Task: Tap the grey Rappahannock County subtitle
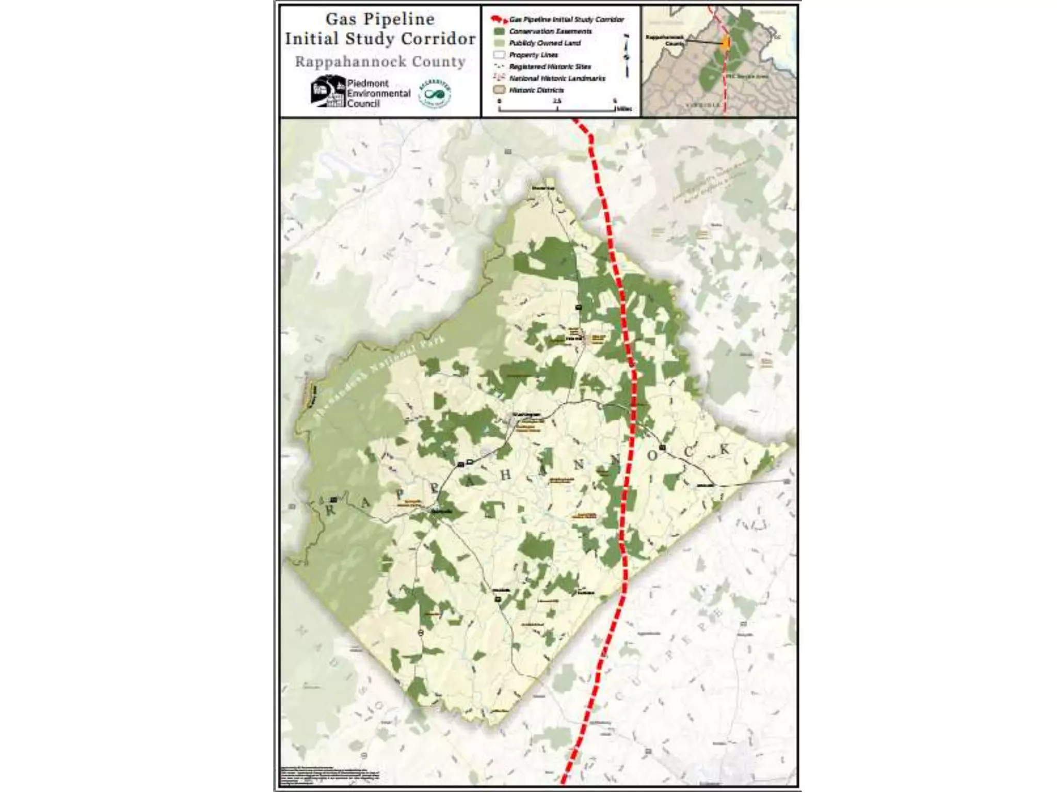[x=380, y=62]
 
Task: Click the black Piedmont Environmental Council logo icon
[x=328, y=91]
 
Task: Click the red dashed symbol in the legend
[x=499, y=20]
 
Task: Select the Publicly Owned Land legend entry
[x=544, y=43]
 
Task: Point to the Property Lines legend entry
[x=533, y=55]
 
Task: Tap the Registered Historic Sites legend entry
[x=550, y=67]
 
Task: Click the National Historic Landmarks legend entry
[x=557, y=78]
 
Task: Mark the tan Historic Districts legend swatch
[x=499, y=90]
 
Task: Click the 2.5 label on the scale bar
[x=557, y=101]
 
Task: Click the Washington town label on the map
[x=526, y=415]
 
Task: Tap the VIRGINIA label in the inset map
[x=702, y=105]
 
